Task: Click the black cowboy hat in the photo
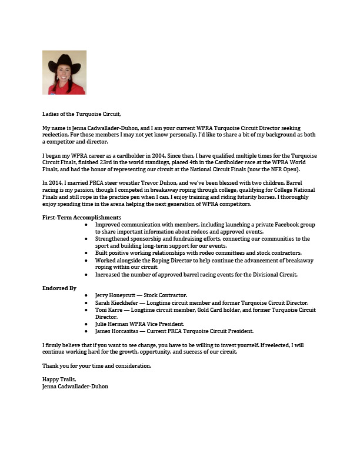coord(64,62)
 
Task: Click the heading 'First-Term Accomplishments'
coord(82,218)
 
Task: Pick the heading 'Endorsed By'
coord(59,288)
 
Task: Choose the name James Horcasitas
coord(118,331)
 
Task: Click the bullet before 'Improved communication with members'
coord(87,225)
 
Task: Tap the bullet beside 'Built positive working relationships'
coord(87,253)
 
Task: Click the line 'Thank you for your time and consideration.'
coord(96,366)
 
